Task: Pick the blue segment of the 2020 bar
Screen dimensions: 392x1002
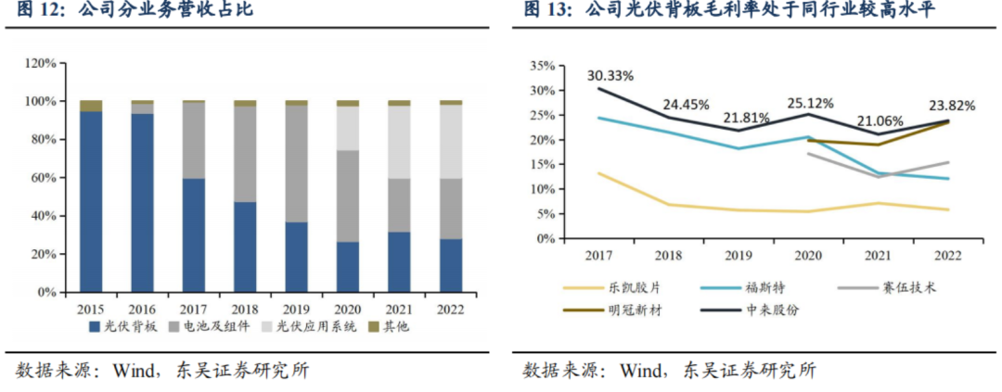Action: coord(348,267)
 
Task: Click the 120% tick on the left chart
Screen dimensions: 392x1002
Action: coord(40,63)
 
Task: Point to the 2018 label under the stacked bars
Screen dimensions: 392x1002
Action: coord(245,308)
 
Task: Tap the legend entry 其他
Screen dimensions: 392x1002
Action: coord(395,327)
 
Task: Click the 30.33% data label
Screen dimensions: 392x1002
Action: coord(610,75)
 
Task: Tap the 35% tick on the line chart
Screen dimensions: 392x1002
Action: coord(542,67)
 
